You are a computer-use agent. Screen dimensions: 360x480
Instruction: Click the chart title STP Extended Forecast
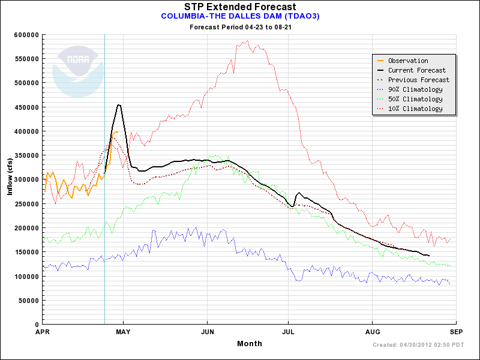[239, 7]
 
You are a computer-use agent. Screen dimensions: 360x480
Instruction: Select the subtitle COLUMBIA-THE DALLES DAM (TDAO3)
[240, 16]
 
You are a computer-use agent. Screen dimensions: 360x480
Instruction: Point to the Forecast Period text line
[240, 27]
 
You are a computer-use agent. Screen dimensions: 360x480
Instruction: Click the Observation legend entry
[407, 61]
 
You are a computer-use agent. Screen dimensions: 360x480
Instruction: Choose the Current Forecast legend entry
[416, 70]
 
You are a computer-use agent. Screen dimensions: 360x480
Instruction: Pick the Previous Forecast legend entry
[418, 80]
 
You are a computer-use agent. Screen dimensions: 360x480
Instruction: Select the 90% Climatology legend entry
[415, 89]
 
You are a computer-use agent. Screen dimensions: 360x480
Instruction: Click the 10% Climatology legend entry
[415, 109]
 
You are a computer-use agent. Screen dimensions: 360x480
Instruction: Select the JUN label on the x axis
[208, 332]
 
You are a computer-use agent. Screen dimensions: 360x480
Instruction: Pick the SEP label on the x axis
[455, 332]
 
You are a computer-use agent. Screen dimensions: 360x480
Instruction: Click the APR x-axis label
[42, 332]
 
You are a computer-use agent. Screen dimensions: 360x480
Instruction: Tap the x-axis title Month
[249, 343]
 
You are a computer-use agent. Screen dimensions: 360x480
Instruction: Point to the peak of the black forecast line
[119, 105]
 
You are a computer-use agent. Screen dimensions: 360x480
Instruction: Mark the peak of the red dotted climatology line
[247, 41]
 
